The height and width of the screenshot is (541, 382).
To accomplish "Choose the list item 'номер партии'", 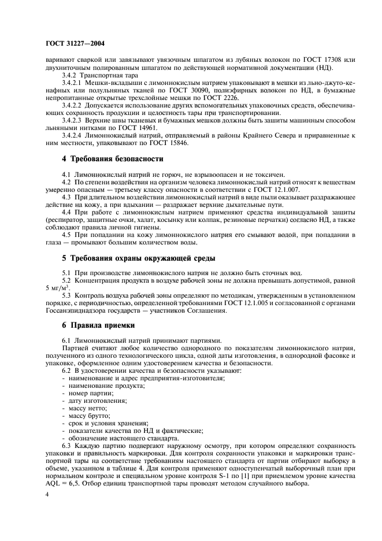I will (x=88, y=393).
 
